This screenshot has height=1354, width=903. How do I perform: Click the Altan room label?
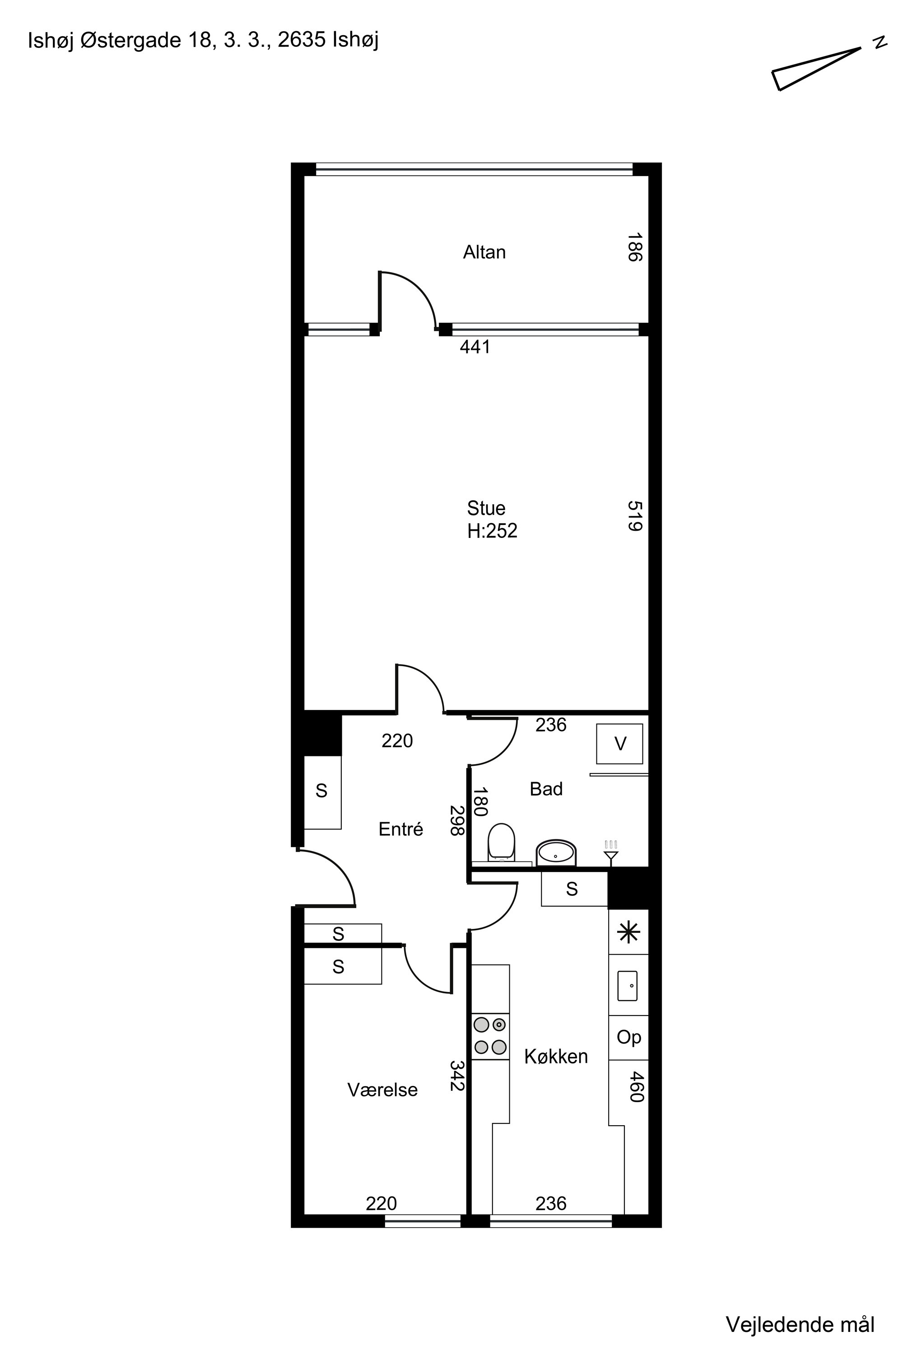tap(484, 252)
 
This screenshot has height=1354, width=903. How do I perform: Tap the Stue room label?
tap(486, 508)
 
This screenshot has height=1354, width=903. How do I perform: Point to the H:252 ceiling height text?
tap(493, 531)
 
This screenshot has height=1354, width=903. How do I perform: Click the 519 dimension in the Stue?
tap(635, 516)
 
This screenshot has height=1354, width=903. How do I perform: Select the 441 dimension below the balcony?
tap(475, 347)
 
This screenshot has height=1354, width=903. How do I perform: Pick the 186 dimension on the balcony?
tap(635, 247)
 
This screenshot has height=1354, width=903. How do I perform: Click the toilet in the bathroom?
tap(501, 843)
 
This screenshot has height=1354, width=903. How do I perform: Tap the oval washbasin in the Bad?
tap(556, 853)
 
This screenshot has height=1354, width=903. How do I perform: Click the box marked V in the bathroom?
tap(619, 744)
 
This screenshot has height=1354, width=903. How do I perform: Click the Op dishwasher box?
tap(629, 1037)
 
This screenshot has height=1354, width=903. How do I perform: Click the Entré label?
tap(401, 829)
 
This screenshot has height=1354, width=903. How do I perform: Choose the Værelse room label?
tap(382, 1090)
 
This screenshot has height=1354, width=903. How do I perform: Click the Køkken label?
tap(556, 1057)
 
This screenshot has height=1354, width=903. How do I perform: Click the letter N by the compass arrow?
tap(880, 42)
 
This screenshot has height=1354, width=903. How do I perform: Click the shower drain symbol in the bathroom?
tap(611, 853)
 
